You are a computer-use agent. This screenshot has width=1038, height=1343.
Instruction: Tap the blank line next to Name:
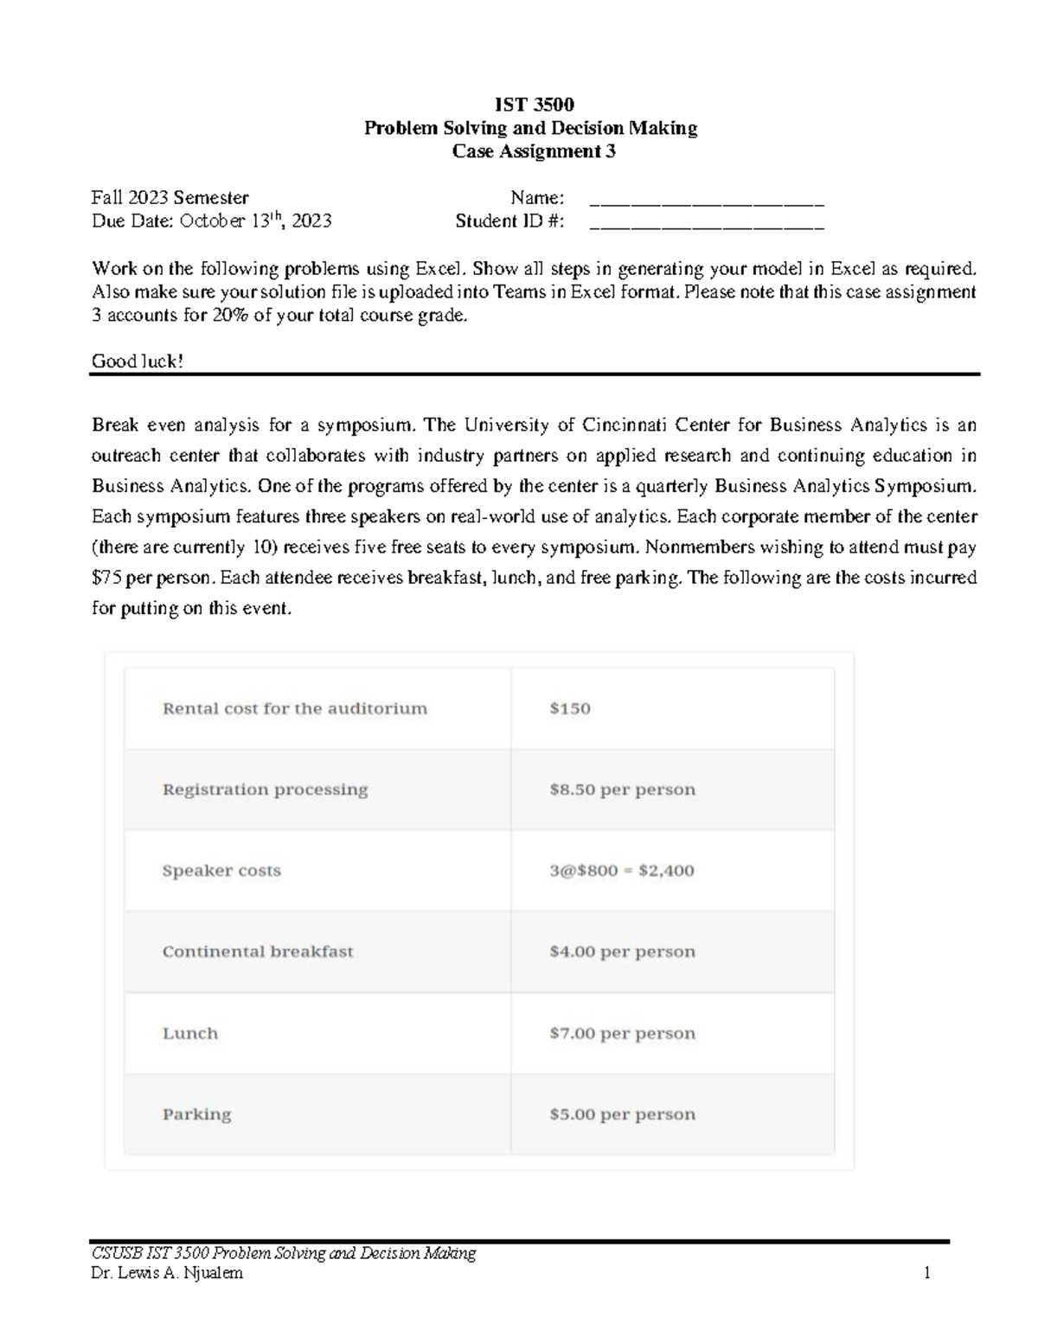[x=706, y=199]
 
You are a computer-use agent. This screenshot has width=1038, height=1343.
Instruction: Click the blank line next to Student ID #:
[x=706, y=222]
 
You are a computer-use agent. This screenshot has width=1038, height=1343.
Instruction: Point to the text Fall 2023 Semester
[x=170, y=198]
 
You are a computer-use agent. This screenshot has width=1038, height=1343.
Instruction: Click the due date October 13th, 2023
[x=255, y=221]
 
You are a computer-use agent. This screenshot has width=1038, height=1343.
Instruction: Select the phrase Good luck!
[x=138, y=361]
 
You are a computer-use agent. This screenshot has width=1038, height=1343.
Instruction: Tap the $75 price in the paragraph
[x=106, y=578]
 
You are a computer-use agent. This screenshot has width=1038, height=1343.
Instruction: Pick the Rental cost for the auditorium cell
[x=294, y=708]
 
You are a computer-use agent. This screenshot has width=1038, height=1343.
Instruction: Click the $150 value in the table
[x=570, y=708]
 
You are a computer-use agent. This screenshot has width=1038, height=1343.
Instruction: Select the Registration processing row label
[x=265, y=790]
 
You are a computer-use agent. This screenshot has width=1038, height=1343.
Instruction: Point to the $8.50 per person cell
[x=622, y=790]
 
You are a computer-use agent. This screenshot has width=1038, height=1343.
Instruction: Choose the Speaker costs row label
[x=221, y=871]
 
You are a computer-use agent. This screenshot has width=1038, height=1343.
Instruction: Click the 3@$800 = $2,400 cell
[x=621, y=871]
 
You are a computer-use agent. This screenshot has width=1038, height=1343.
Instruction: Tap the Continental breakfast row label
[x=258, y=951]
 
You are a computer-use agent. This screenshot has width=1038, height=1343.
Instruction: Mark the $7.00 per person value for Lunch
[x=622, y=1033]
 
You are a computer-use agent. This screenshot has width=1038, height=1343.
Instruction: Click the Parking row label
[x=196, y=1114]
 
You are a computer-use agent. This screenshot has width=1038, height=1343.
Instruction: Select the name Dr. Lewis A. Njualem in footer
[x=167, y=1273]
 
